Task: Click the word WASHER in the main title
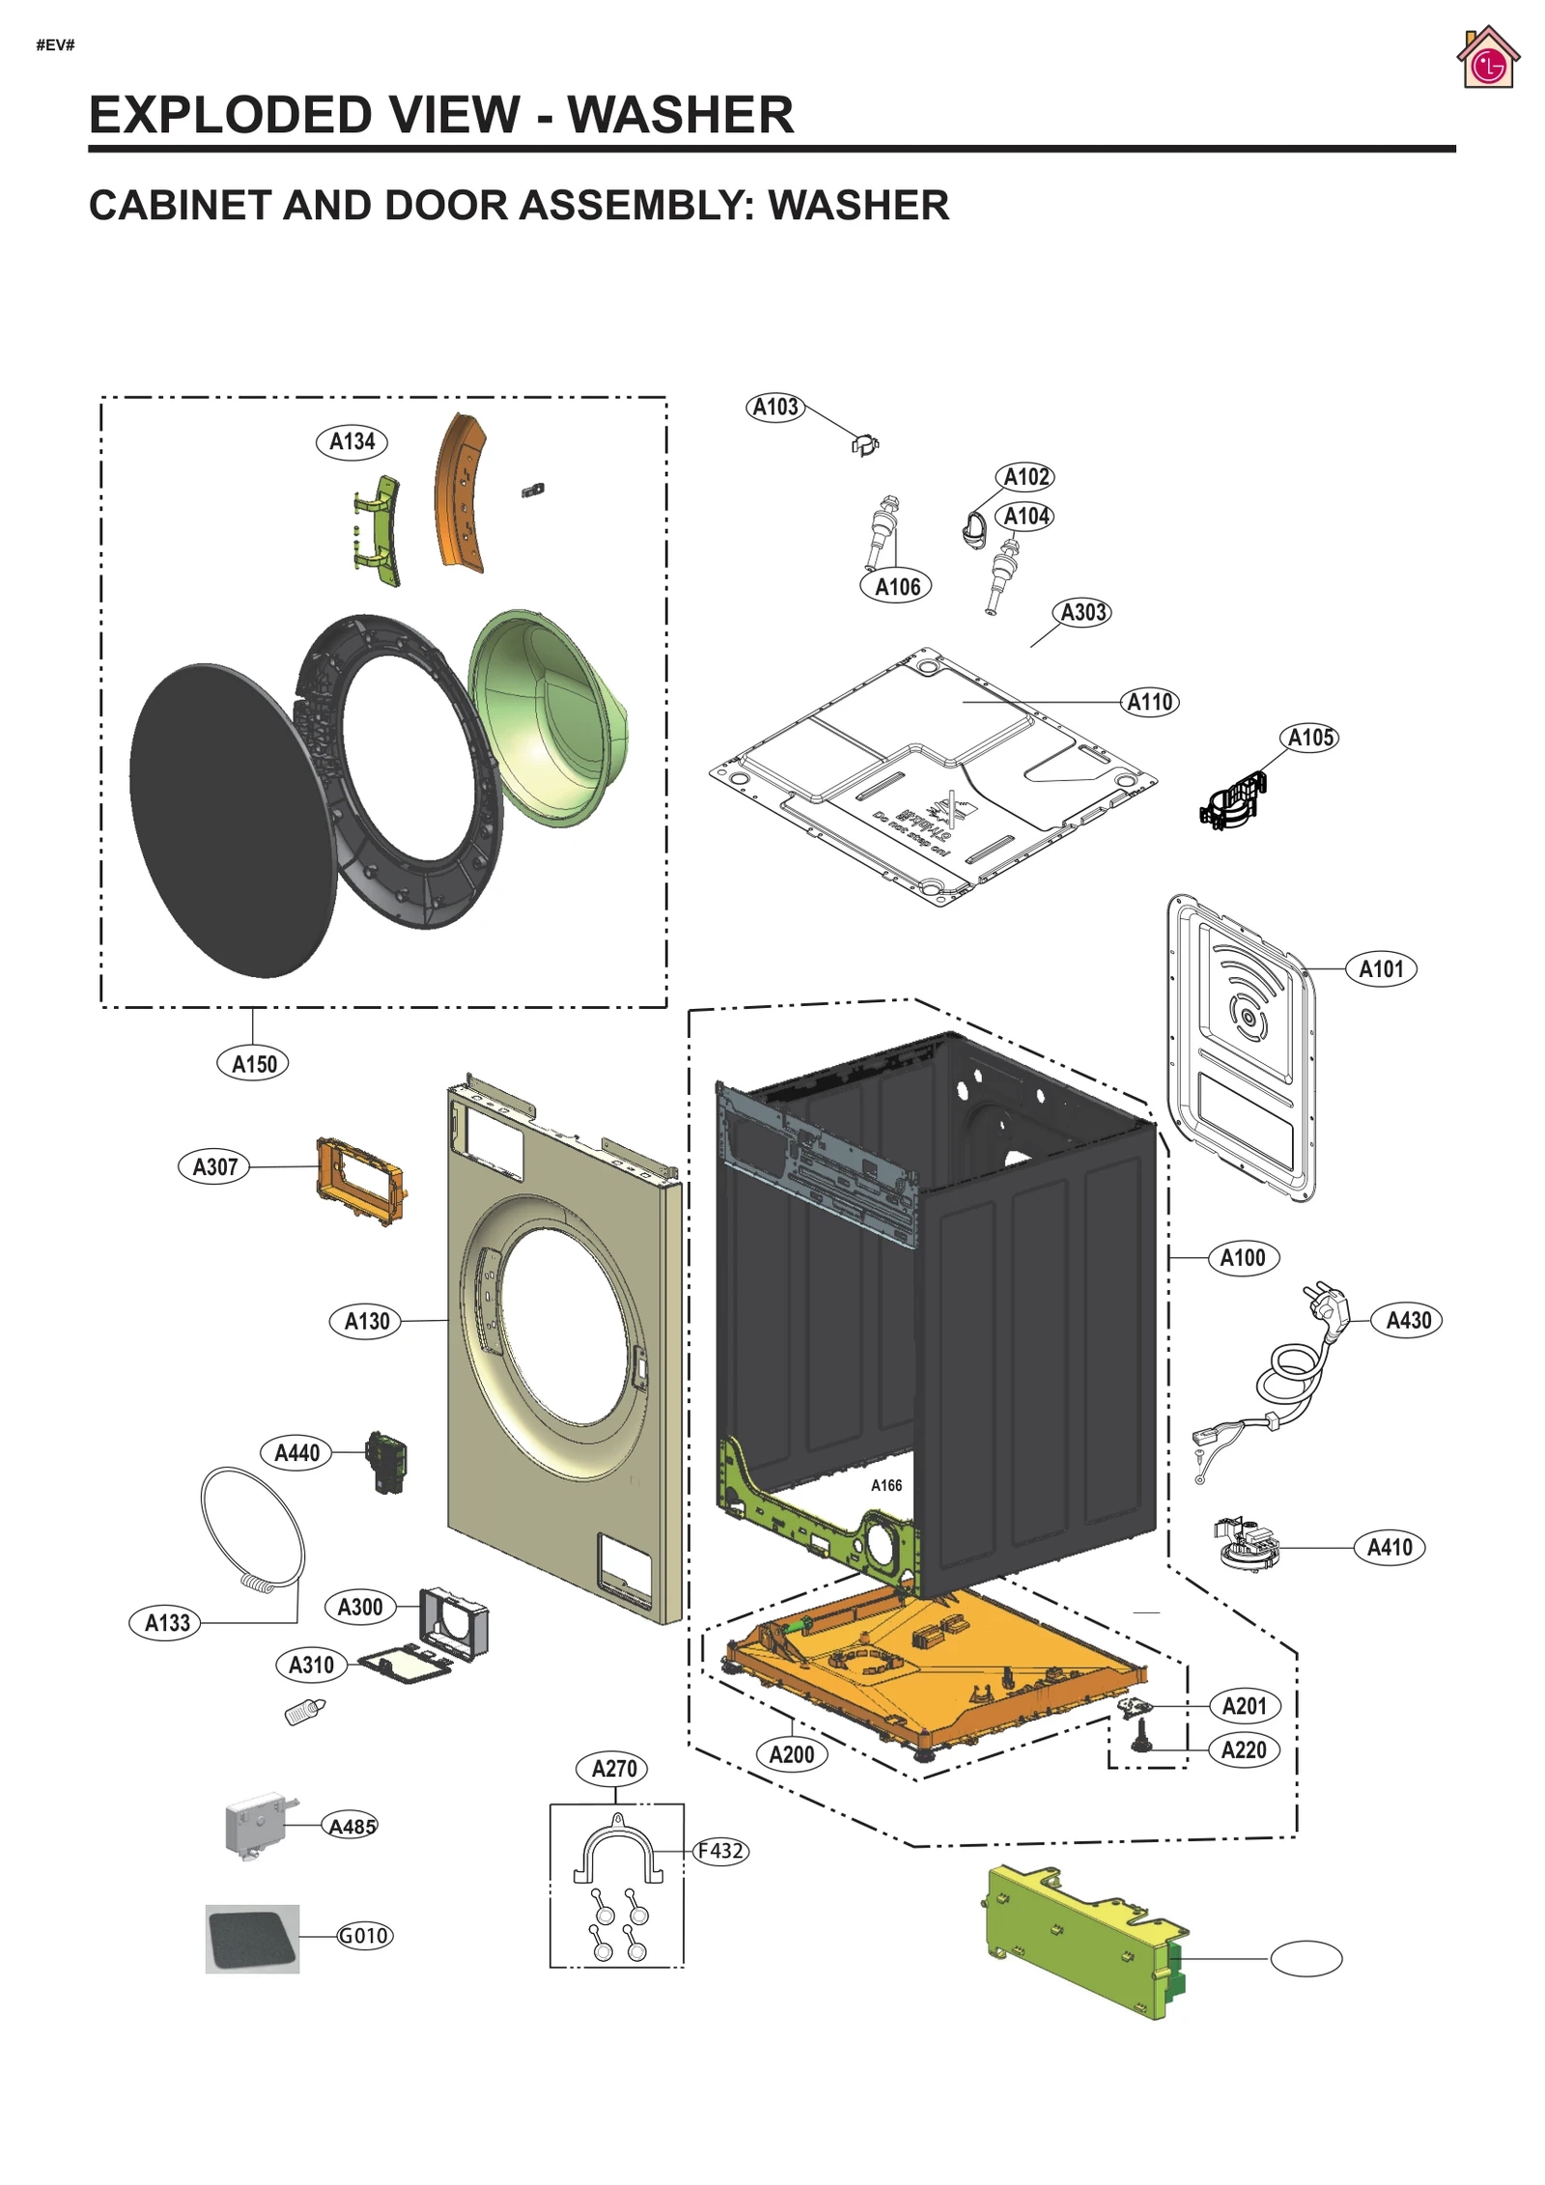pyautogui.click(x=680, y=115)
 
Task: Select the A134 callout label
pyautogui.click(x=351, y=441)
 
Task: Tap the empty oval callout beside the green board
pyautogui.click(x=1306, y=1959)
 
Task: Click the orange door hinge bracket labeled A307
pyautogui.click(x=359, y=1180)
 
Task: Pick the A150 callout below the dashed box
pyautogui.click(x=253, y=1064)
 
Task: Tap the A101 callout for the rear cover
pyautogui.click(x=1381, y=968)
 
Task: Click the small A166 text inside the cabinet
pyautogui.click(x=885, y=1485)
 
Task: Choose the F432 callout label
pyautogui.click(x=720, y=1851)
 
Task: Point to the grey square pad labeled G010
pyautogui.click(x=252, y=1937)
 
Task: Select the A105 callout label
pyautogui.click(x=1310, y=738)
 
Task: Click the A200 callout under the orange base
pyautogui.click(x=791, y=1754)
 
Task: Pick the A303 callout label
pyautogui.click(x=1082, y=612)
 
